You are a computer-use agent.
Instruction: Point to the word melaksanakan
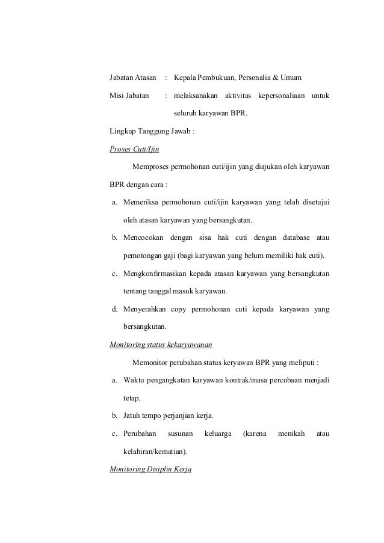[x=196, y=96]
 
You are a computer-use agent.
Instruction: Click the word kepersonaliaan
[x=282, y=96]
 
